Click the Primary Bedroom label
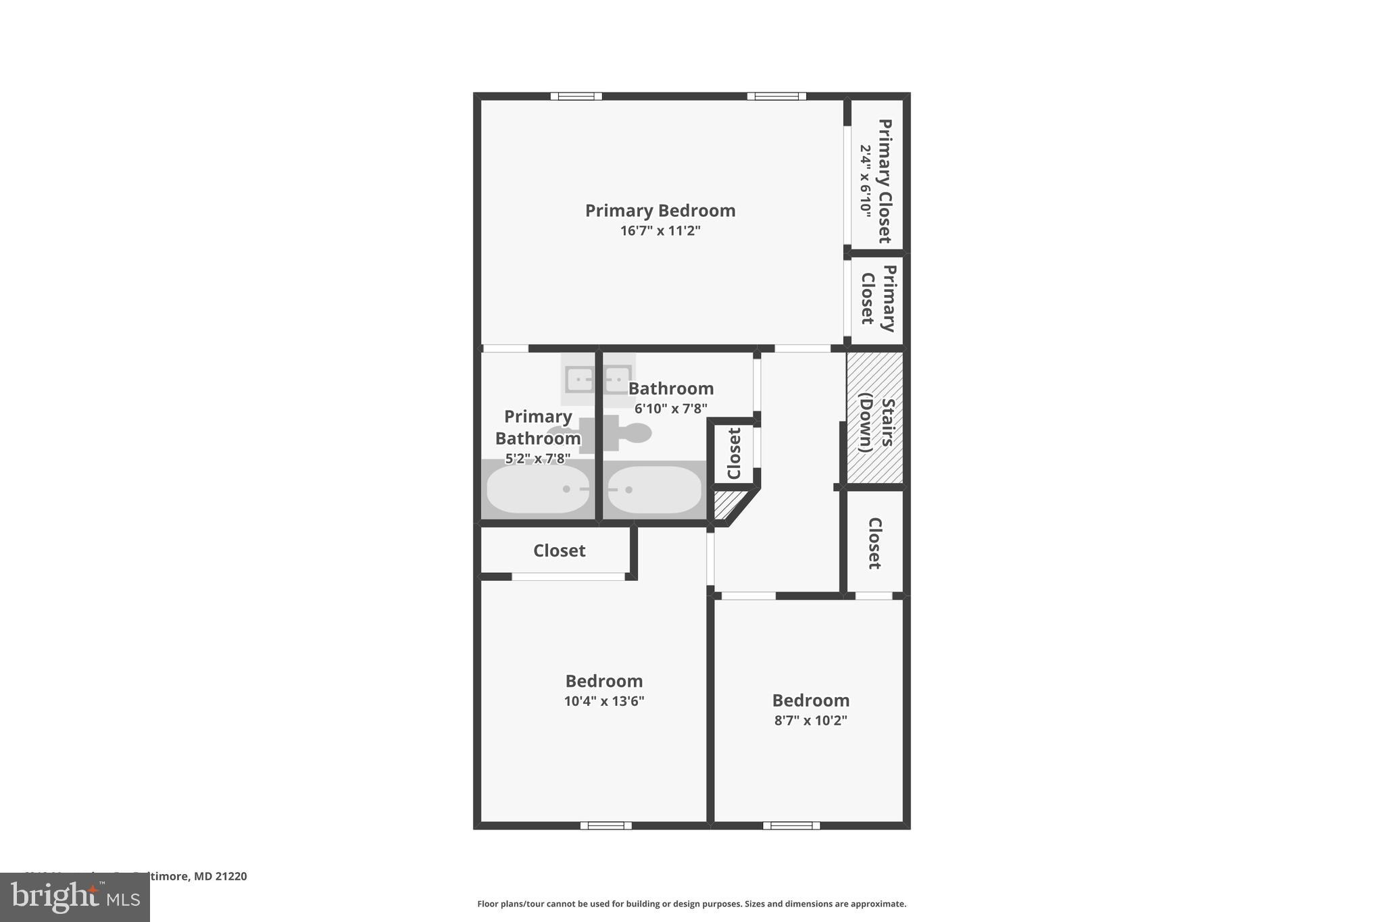tap(660, 211)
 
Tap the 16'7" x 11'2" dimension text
tap(660, 231)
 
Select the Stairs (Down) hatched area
tap(874, 417)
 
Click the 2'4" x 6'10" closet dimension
tap(866, 180)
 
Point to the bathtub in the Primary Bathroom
tap(538, 489)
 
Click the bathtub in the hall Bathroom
tap(653, 490)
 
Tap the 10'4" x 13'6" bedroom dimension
tap(603, 701)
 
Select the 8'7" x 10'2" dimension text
tap(810, 721)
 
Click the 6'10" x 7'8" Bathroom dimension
tap(670, 409)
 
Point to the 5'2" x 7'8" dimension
tap(538, 459)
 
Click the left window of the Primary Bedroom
tap(576, 96)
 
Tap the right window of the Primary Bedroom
tap(776, 96)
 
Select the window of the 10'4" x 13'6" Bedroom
tap(605, 825)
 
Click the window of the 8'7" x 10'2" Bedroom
tap(791, 825)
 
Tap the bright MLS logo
tap(75, 897)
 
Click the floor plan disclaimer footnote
tap(691, 904)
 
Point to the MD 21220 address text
tap(220, 876)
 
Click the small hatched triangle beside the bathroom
tap(724, 503)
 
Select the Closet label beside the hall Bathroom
tap(735, 453)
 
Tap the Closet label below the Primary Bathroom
tap(559, 551)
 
